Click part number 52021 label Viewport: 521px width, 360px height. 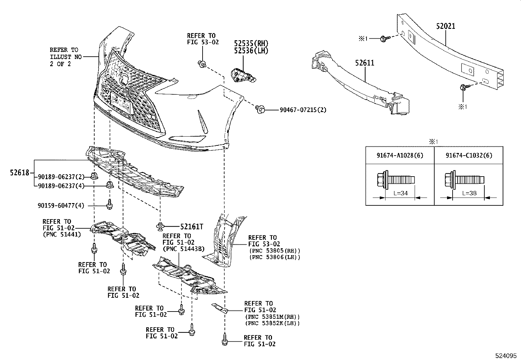(445, 26)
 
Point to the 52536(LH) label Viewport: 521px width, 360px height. (251, 51)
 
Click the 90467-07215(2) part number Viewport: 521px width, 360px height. (303, 110)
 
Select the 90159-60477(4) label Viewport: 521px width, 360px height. (61, 206)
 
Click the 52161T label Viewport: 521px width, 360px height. (192, 226)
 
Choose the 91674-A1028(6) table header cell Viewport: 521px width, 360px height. (400, 155)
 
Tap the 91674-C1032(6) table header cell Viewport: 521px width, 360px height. (469, 155)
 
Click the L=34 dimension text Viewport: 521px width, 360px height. (400, 193)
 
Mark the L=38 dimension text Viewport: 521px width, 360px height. (469, 193)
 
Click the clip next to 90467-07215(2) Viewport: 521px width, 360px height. (260, 109)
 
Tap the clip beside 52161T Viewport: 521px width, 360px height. (160, 225)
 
